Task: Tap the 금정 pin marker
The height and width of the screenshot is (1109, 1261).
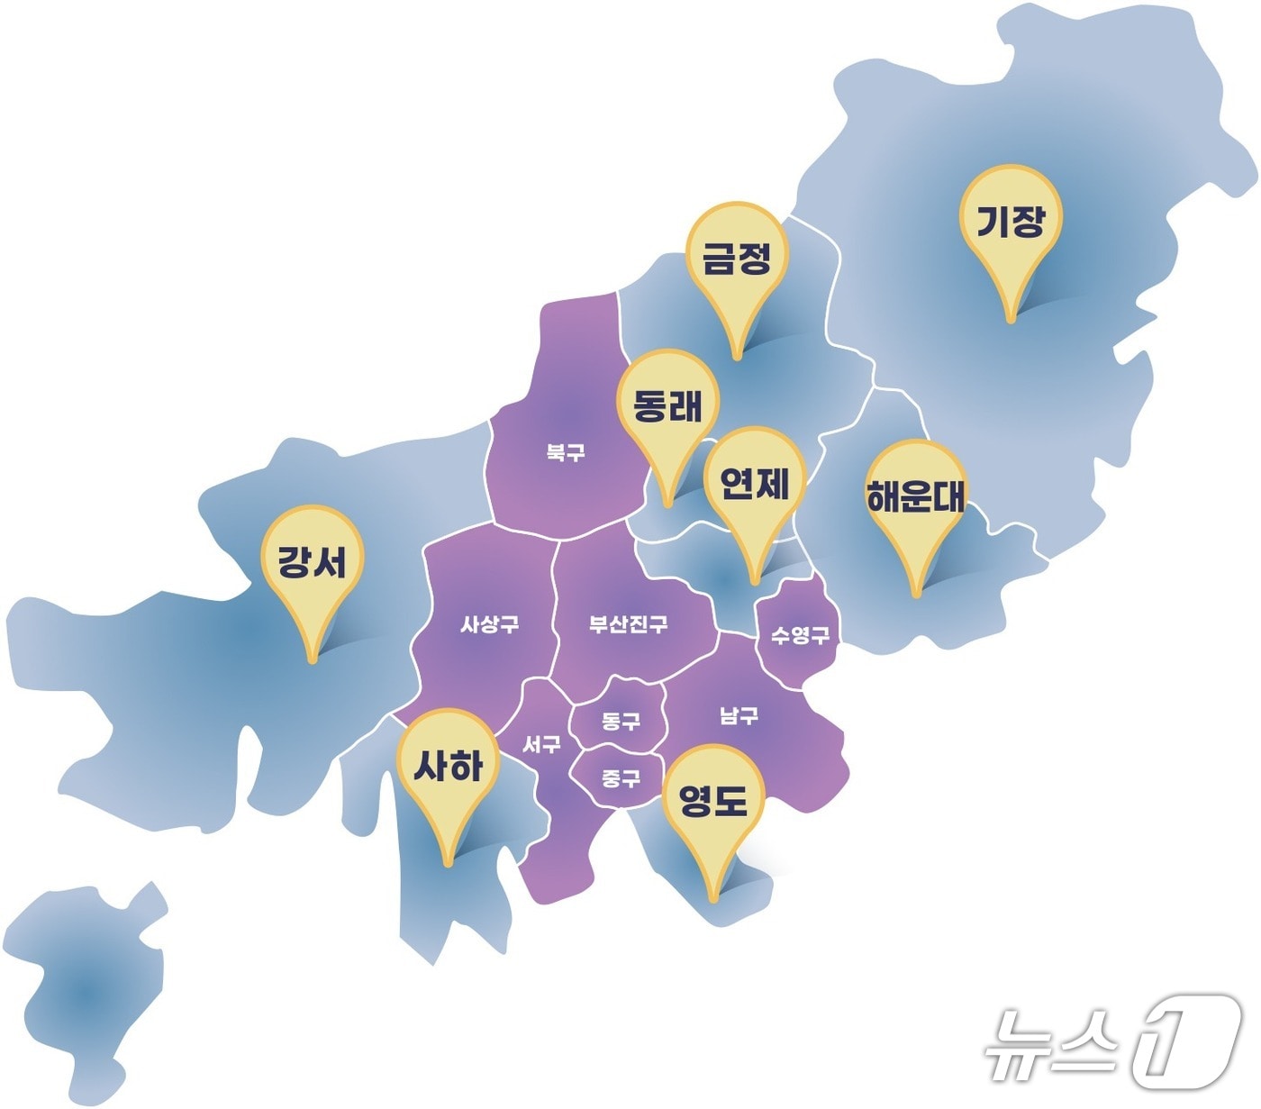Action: pos(737,259)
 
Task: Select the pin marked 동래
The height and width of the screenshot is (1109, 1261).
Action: pos(667,407)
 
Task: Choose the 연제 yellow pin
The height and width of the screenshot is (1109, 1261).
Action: pos(754,485)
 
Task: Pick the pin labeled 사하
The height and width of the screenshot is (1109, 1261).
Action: pos(449,767)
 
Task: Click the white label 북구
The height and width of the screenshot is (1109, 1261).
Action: pos(566,452)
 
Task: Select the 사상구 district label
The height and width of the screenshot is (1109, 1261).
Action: pos(490,623)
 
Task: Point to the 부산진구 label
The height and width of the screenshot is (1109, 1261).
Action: pos(629,623)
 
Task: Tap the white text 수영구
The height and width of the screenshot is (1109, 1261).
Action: pos(800,635)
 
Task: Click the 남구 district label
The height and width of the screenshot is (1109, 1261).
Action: pos(739,716)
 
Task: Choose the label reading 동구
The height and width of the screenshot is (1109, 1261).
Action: pos(621,721)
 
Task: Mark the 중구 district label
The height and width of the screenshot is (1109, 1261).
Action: pos(621,777)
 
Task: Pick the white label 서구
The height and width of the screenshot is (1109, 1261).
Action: pos(541,745)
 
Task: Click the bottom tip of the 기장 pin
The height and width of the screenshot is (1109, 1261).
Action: pos(1011,319)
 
